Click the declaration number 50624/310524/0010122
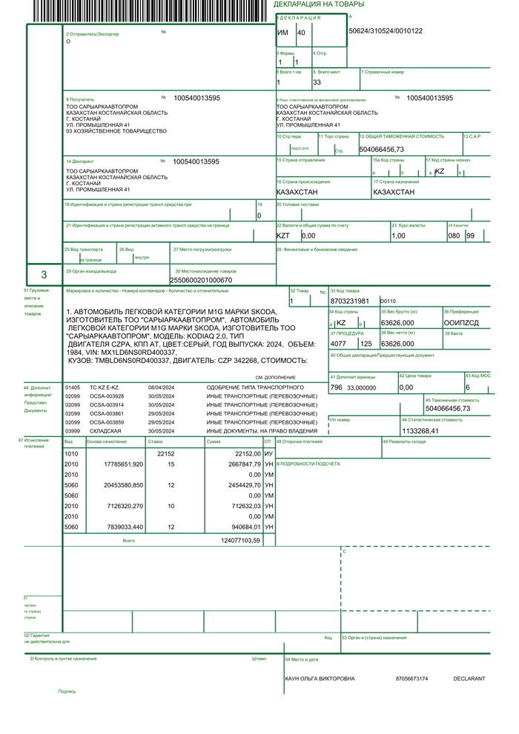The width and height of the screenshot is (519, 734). click(386, 31)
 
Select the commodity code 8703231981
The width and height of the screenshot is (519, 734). click(349, 301)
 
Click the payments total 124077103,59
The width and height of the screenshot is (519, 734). click(241, 540)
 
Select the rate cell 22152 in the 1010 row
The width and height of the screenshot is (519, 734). click(165, 453)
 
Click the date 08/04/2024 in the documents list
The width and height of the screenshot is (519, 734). click(160, 387)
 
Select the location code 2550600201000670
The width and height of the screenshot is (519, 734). click(201, 281)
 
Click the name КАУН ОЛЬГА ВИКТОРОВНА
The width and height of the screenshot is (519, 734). click(320, 678)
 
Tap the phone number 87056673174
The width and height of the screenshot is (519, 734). click(412, 678)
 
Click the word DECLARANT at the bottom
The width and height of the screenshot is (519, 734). click(469, 678)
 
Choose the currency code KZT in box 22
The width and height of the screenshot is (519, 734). click(283, 236)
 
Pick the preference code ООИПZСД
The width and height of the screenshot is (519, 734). click(461, 323)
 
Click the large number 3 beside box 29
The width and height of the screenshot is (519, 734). click(44, 275)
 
